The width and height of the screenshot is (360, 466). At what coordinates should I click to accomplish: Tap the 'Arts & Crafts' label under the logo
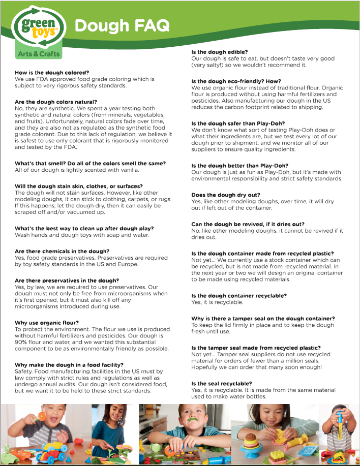(39, 53)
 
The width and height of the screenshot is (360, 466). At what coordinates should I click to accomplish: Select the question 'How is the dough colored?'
(52, 73)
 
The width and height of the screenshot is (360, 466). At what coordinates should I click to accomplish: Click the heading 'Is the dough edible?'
(219, 52)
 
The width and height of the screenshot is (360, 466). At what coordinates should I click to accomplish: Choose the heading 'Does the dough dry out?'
(226, 195)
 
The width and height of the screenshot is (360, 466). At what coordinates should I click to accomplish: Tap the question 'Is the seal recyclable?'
(222, 383)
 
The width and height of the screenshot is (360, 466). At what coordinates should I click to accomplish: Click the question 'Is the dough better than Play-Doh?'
(239, 166)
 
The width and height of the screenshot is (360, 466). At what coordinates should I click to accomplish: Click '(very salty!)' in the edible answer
(210, 65)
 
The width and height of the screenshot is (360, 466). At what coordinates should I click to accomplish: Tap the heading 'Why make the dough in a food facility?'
(69, 365)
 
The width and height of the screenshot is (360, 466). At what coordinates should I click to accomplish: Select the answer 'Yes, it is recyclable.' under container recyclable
(217, 302)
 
